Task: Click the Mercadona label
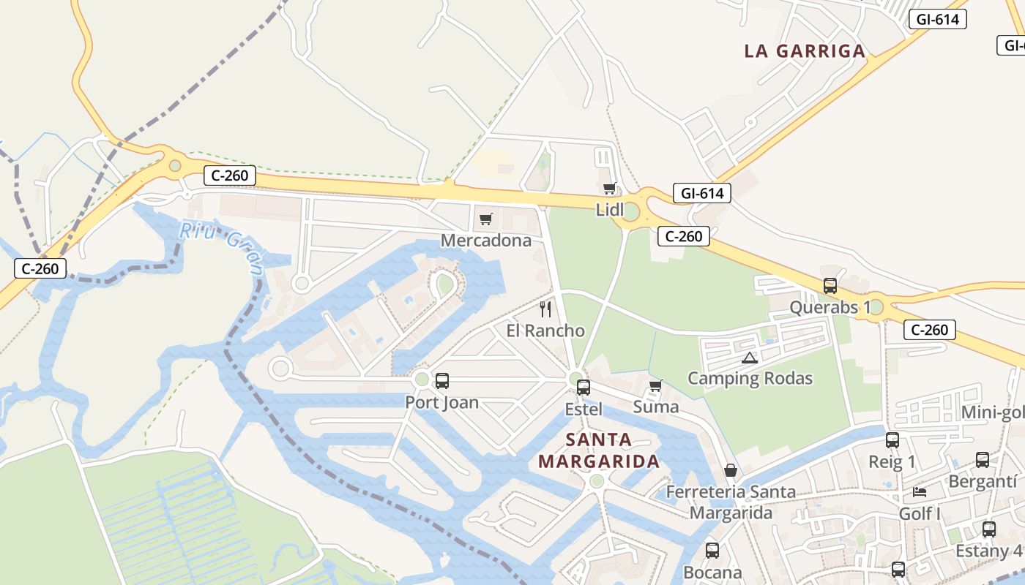click(x=485, y=240)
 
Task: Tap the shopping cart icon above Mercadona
click(x=486, y=219)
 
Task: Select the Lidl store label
click(x=610, y=210)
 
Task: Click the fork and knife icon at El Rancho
click(x=545, y=309)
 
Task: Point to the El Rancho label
click(x=545, y=331)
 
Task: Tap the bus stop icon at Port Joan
click(x=442, y=381)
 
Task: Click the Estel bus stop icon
click(x=584, y=388)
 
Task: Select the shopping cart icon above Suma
click(x=656, y=385)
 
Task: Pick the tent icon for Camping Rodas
click(x=749, y=358)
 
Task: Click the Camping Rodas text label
click(x=750, y=378)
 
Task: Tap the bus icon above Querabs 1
click(x=830, y=286)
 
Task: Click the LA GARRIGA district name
click(x=805, y=51)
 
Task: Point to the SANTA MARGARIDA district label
click(x=599, y=450)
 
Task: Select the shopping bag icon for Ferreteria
click(x=730, y=470)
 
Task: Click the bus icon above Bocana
click(x=712, y=551)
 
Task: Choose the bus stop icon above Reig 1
click(x=892, y=440)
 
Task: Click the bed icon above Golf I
click(x=920, y=492)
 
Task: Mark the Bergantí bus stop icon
click(x=983, y=460)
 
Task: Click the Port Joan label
click(x=441, y=402)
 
